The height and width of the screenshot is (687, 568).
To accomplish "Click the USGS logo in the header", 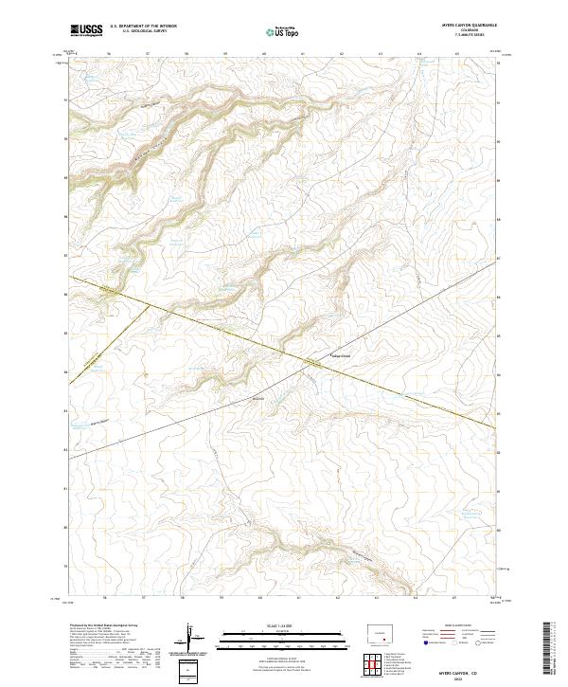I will [x=86, y=31].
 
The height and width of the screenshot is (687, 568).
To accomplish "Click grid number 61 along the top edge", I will [x=303, y=55].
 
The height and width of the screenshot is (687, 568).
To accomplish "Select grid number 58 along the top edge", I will [x=186, y=55].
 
